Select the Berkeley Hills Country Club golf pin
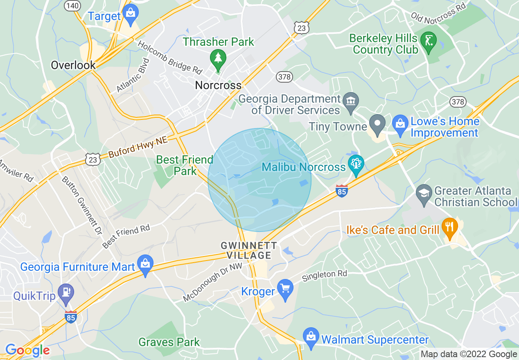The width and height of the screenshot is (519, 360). click(429, 42)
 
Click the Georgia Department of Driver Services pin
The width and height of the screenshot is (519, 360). click(351, 101)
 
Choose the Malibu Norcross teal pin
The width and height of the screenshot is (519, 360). click(356, 165)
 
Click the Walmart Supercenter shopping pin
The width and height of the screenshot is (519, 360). click(311, 337)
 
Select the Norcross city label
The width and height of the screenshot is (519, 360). click(218, 85)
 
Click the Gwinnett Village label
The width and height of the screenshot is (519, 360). click(246, 250)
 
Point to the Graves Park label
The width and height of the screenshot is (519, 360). click(169, 342)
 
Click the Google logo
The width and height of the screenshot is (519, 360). click(27, 350)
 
